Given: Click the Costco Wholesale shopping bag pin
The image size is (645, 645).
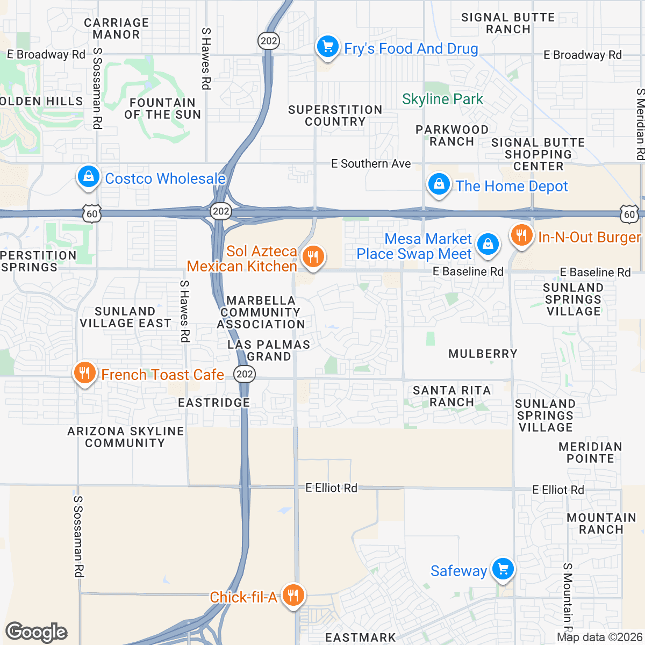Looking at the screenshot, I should (x=89, y=177).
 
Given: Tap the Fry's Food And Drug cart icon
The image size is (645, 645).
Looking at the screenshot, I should (x=327, y=47).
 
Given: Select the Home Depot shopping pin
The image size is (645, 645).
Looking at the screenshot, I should (x=439, y=184).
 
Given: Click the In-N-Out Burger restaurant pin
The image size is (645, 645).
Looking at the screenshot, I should (x=521, y=235).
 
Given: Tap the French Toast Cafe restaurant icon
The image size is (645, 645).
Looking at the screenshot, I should (x=84, y=372).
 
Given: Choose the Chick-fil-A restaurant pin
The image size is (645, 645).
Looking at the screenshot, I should (x=292, y=595).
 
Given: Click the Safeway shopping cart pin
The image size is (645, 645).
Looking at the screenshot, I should (x=503, y=569).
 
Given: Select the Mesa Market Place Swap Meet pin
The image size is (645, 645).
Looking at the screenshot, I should (x=488, y=244).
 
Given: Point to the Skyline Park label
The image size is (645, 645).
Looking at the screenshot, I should (x=442, y=99).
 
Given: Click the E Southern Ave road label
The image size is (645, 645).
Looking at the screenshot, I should (x=371, y=163).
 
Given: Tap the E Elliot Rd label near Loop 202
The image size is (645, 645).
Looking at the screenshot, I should (x=331, y=488).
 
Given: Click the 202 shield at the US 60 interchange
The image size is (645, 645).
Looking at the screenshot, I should (x=221, y=211).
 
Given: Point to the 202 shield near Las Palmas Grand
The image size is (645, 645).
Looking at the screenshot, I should (x=245, y=374).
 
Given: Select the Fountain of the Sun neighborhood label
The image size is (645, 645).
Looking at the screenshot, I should (x=162, y=109).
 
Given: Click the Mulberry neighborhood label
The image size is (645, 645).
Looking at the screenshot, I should (x=483, y=354).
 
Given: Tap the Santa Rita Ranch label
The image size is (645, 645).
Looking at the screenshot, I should (x=451, y=396).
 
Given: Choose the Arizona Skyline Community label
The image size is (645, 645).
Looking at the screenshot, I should (x=125, y=437).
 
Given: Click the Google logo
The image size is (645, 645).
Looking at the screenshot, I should (x=36, y=632).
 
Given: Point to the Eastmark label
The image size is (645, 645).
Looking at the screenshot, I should (x=361, y=637).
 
